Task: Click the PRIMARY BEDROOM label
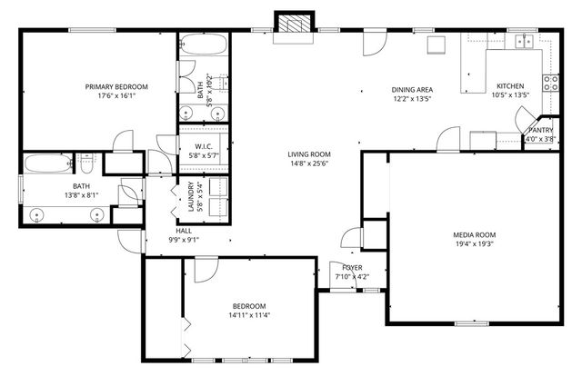[x=116, y=87]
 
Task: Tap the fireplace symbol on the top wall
[x=291, y=25]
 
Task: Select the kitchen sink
[x=524, y=41]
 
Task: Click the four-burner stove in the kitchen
[x=550, y=83]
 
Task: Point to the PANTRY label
[x=541, y=130]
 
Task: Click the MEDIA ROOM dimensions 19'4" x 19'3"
[x=475, y=244]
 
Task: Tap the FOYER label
[x=349, y=267]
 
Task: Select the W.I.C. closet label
[x=204, y=147]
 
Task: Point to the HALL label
[x=183, y=231]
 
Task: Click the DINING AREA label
[x=411, y=89]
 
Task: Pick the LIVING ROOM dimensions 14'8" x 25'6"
[x=309, y=164]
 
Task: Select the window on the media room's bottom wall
[x=471, y=323]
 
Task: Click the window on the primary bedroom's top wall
[x=85, y=30]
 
